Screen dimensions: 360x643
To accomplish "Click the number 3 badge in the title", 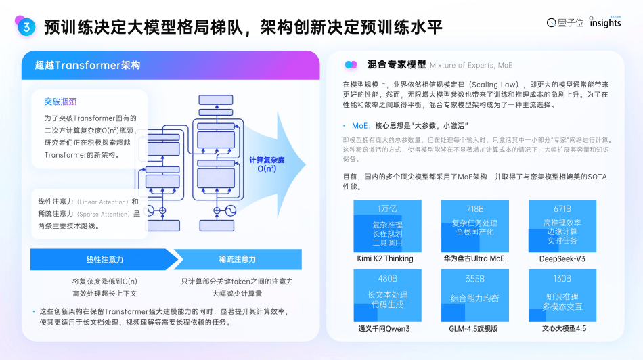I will click(26, 27).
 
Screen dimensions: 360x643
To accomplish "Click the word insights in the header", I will click(604, 23).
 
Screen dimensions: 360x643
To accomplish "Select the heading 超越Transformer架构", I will click(88, 66).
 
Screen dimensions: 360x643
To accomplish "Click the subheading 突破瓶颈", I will click(61, 102).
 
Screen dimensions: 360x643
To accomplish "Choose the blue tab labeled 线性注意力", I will click(104, 260).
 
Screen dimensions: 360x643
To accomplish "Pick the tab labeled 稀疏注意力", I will click(237, 260).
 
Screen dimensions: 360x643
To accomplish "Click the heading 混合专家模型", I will click(397, 65).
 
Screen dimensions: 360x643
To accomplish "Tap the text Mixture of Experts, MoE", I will click(470, 66).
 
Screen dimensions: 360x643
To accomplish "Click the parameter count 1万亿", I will click(387, 208).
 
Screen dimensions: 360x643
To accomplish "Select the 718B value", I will click(474, 208).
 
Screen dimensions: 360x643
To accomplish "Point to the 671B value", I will click(562, 208).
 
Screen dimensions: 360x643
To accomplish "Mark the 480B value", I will click(387, 278).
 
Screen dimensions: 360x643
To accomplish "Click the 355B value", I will click(474, 278).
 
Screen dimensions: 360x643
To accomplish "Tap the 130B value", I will click(562, 278).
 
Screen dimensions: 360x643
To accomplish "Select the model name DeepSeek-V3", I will click(562, 258).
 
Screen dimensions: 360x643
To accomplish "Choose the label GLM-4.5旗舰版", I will click(474, 328).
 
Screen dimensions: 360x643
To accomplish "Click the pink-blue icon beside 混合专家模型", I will click(351, 65).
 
